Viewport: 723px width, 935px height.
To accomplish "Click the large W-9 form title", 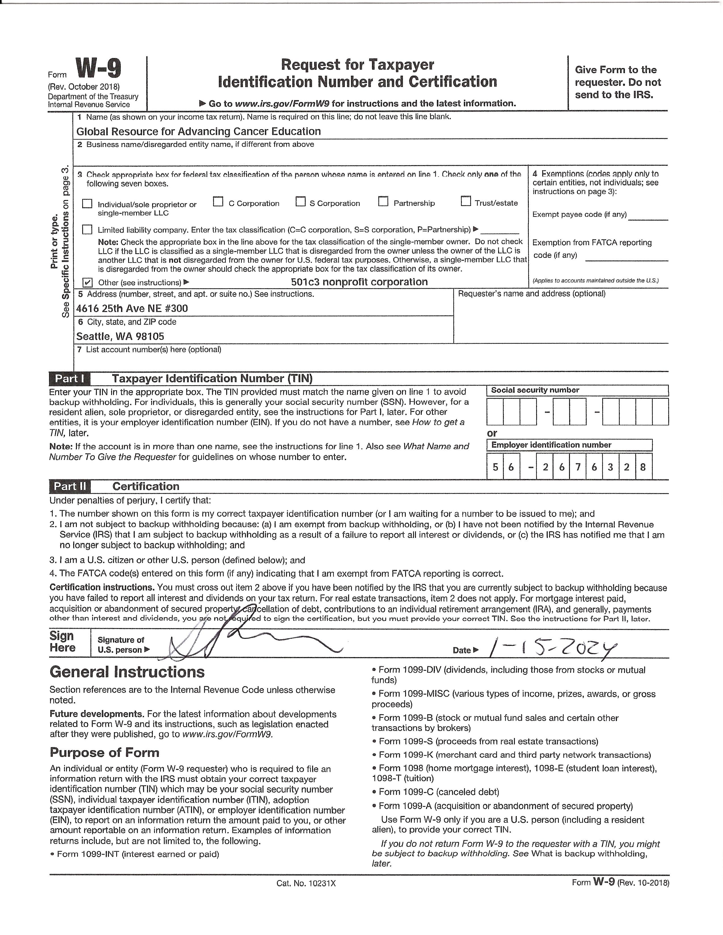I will (98, 69).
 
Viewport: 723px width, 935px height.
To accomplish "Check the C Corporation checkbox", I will (218, 202).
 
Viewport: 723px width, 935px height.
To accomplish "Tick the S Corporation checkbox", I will (301, 202).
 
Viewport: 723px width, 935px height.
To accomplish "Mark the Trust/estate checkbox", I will (466, 201).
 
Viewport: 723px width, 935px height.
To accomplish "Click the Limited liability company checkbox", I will (87, 229).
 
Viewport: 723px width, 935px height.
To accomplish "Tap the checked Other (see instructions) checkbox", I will (87, 282).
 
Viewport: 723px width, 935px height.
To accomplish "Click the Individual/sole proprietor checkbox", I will (87, 203).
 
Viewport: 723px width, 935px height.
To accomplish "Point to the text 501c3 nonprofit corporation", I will (359, 282).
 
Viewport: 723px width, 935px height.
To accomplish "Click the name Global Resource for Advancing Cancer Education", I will (198, 131).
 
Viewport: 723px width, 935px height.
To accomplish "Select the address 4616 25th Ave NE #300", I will (132, 308).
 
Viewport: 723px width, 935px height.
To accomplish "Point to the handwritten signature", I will (240, 642).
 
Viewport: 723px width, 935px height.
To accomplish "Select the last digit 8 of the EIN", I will (643, 467).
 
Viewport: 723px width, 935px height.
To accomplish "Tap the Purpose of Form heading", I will (105, 752).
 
